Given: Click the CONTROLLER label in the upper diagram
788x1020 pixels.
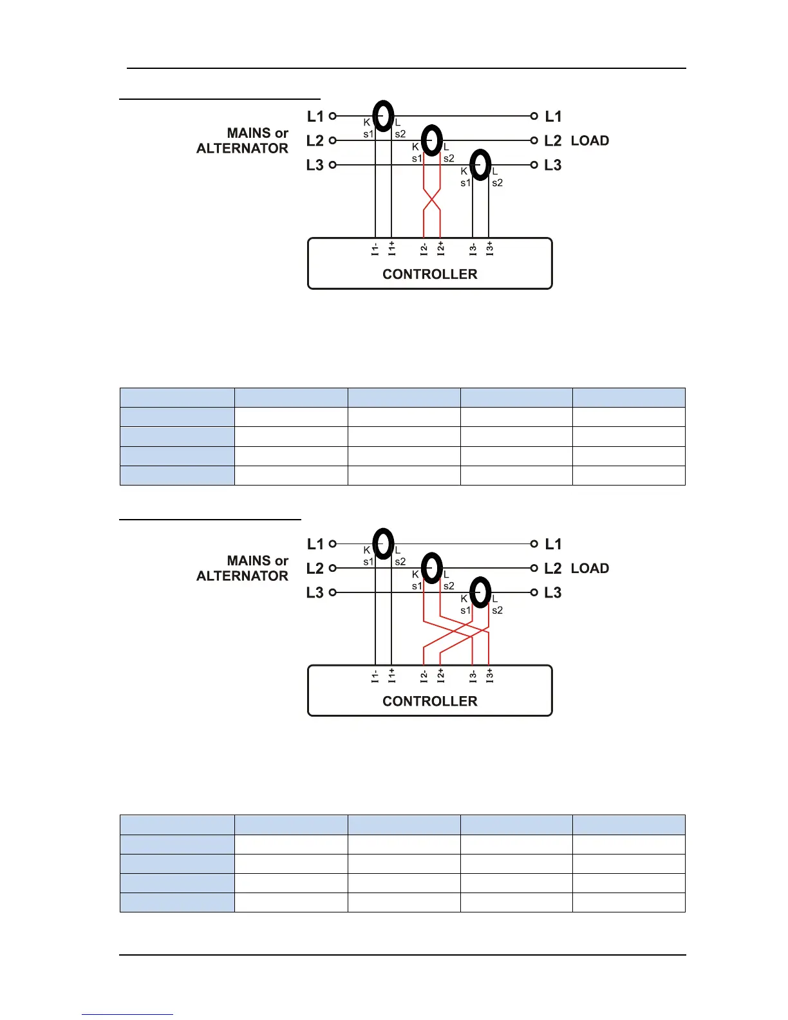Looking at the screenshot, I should point(429,274).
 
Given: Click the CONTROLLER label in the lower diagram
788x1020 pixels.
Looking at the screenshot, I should point(429,701).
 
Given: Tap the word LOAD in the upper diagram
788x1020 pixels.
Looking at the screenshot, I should point(590,140).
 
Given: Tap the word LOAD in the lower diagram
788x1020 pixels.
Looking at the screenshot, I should point(590,568).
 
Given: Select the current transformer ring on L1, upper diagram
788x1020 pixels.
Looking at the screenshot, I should point(383,116).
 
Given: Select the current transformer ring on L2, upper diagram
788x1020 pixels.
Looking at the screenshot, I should point(431,140).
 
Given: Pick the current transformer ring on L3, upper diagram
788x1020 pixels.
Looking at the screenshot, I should point(480,165).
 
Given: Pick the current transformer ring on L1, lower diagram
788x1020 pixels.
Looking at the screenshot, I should point(383,543).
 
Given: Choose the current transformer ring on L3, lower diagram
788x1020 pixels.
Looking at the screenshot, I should point(480,592).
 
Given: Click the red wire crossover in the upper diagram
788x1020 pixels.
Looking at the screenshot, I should point(431,200).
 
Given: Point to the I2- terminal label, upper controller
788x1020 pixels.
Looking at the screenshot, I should point(424,249).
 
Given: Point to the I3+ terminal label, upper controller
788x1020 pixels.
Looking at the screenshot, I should point(490,249).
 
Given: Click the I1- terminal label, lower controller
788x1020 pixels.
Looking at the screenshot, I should point(375,676).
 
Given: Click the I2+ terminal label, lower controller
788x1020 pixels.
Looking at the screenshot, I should point(440,675).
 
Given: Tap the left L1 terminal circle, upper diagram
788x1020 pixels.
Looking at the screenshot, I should point(333,116).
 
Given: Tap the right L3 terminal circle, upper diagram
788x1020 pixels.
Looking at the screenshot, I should point(534,165).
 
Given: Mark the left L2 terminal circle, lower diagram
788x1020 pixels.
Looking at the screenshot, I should point(333,568).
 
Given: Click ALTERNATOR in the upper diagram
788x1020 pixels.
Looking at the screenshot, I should point(242,148).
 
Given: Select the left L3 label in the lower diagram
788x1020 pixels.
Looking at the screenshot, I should point(315,592).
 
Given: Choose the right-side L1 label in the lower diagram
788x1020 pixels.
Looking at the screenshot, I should point(553,544).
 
